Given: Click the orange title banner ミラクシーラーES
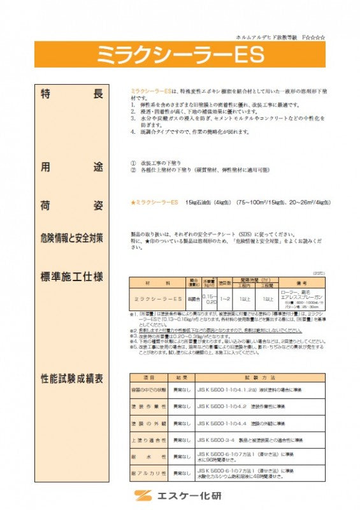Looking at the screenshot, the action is (180, 55).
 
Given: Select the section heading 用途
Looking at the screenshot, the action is (71, 168).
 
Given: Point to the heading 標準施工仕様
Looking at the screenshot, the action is (71, 277).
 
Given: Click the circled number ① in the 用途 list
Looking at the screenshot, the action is (133, 163).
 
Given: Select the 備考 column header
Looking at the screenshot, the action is (301, 282).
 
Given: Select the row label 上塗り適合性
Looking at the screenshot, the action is (148, 440).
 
